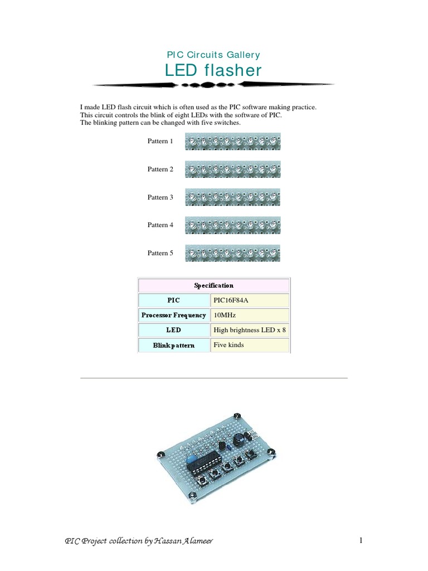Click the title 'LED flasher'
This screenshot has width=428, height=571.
pyautogui.click(x=213, y=70)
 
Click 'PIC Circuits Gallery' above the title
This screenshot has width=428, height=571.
pyautogui.click(x=213, y=55)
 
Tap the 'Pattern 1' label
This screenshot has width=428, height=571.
pyautogui.click(x=160, y=142)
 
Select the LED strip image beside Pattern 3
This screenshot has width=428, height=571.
pyautogui.click(x=232, y=197)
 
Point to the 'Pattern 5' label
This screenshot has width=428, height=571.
pyautogui.click(x=160, y=253)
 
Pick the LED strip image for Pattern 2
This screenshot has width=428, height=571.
pyautogui.click(x=232, y=169)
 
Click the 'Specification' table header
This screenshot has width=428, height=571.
pyautogui.click(x=213, y=285)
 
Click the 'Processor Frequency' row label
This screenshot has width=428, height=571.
pyautogui.click(x=174, y=315)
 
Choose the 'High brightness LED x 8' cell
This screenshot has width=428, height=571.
pyautogui.click(x=250, y=330)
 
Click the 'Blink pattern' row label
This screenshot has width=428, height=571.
pyautogui.click(x=174, y=345)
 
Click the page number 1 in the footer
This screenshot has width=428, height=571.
pyautogui.click(x=361, y=540)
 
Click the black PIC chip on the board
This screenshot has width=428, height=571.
pyautogui.click(x=207, y=463)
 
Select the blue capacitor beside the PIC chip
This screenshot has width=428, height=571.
pyautogui.click(x=192, y=458)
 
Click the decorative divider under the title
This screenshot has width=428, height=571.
pyautogui.click(x=213, y=85)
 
